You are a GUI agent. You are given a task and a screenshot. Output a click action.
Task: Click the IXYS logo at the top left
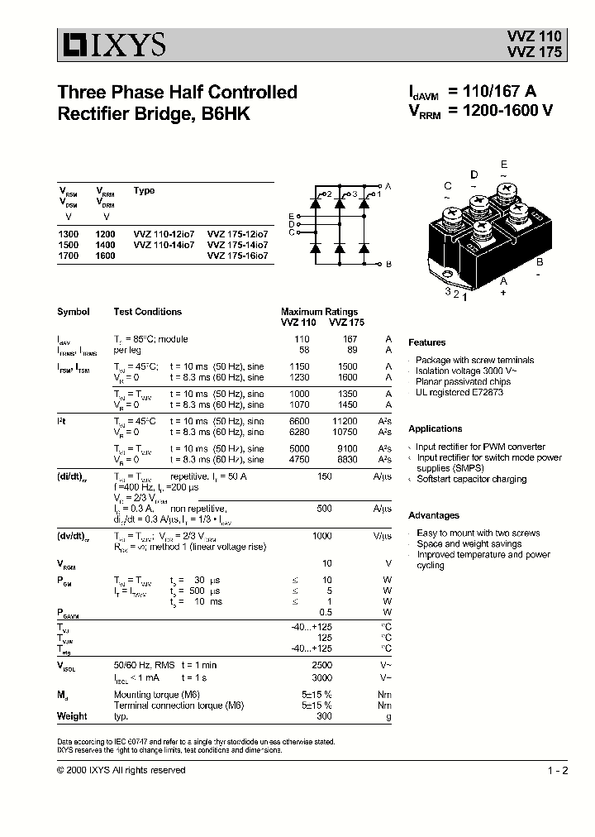pyautogui.click(x=112, y=43)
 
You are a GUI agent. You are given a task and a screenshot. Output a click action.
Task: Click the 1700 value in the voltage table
pyautogui.click(x=69, y=256)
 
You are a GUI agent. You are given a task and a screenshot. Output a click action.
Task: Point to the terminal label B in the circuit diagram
pyautogui.click(x=388, y=264)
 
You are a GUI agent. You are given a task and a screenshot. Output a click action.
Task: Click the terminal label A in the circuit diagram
pyautogui.click(x=388, y=188)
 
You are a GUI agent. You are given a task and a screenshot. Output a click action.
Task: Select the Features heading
pyautogui.click(x=427, y=342)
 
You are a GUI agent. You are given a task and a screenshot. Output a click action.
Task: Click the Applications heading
pyautogui.click(x=436, y=428)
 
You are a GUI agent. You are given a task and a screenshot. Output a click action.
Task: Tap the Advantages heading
pyautogui.click(x=434, y=515)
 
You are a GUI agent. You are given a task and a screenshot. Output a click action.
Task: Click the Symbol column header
pyautogui.click(x=74, y=312)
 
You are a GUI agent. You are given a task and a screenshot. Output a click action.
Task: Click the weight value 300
pyautogui.click(x=324, y=716)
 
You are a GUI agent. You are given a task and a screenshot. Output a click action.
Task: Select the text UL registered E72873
pyautogui.click(x=459, y=392)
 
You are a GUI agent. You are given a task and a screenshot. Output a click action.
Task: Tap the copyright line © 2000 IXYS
pyautogui.click(x=121, y=770)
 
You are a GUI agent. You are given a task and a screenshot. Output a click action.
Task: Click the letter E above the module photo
pyautogui.click(x=504, y=165)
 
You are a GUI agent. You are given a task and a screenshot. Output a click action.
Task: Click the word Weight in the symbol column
pyautogui.click(x=72, y=716)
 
